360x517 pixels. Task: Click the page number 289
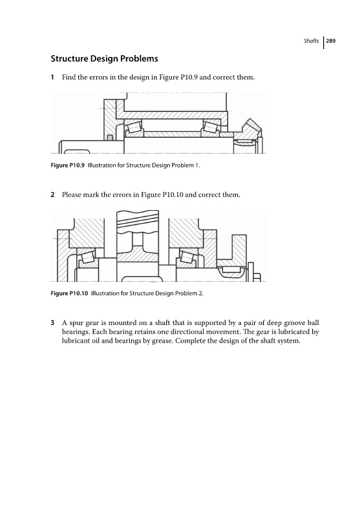331,41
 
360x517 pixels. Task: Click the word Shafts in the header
312,41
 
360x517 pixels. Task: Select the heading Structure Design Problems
104,59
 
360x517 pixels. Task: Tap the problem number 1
52,77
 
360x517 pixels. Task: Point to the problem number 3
52,322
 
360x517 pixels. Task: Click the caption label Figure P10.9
68,165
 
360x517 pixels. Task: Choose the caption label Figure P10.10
69,293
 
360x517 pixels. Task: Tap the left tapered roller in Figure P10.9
134,127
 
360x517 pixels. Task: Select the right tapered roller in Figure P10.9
210,127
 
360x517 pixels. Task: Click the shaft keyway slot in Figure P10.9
76,152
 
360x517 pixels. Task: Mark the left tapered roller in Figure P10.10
88,257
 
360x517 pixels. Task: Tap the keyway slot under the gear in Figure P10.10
142,279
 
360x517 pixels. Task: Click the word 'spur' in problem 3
76,323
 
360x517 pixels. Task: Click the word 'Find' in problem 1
69,77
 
